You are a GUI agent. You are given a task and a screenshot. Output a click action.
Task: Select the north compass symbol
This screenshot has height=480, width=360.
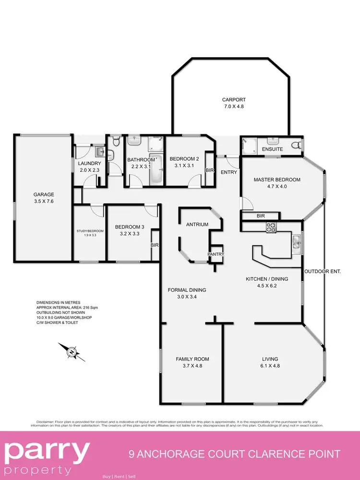(x=72, y=352)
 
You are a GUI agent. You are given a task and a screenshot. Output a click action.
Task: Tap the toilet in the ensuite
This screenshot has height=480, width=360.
(x=296, y=145)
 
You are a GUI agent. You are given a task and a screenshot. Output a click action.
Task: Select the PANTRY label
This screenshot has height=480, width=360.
(x=216, y=254)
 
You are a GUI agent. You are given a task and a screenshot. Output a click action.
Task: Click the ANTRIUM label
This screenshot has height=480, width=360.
(x=197, y=224)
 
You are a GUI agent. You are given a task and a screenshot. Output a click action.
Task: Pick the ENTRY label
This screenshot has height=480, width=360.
(x=229, y=172)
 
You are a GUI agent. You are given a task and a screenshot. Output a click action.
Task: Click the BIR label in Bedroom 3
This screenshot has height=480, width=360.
(x=154, y=245)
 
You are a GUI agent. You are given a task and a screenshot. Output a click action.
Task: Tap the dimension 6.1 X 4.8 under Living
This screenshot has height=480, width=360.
(x=270, y=366)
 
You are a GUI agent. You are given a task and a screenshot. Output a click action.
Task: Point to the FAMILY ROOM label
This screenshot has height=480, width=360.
(x=192, y=359)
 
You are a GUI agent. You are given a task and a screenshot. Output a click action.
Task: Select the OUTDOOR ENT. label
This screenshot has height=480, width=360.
(x=323, y=272)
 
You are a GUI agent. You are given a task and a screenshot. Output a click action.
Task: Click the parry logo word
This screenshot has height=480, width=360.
(x=47, y=451)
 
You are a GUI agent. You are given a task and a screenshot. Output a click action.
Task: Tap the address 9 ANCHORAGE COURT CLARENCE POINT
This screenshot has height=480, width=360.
(x=235, y=454)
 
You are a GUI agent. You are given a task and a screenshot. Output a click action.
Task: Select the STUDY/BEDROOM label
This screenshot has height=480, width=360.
(x=90, y=231)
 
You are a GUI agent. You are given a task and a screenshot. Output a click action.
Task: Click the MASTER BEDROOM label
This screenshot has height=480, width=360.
(x=277, y=180)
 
